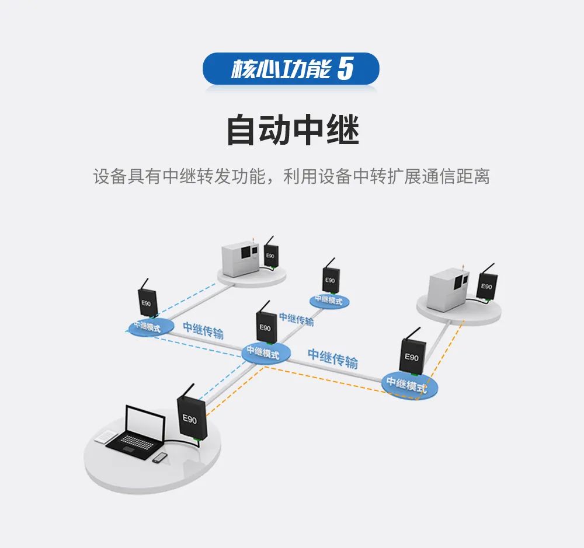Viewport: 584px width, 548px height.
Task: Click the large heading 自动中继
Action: tap(292, 130)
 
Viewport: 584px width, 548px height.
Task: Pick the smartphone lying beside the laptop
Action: tap(159, 458)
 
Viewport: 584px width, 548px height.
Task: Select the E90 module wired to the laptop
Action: tap(190, 416)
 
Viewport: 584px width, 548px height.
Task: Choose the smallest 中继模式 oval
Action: tap(329, 300)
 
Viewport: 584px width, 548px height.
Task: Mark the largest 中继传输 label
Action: tap(332, 358)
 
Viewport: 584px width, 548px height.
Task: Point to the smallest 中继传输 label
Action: tap(296, 319)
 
